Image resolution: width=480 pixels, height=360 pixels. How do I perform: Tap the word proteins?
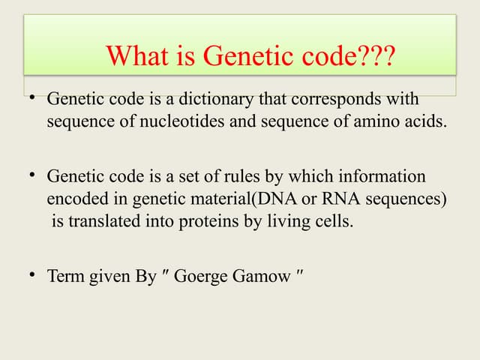tap(207, 222)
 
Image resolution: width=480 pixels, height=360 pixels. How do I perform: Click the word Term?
tap(65, 276)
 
